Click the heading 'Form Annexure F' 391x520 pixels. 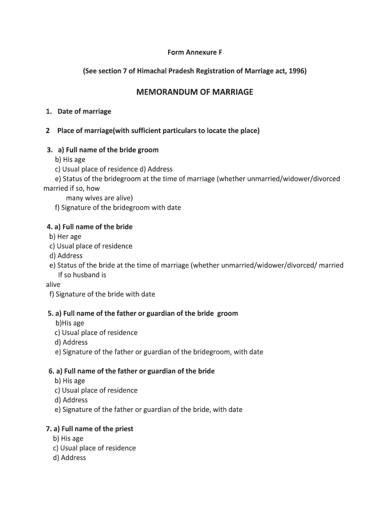point(195,52)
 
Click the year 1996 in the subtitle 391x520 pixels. point(296,71)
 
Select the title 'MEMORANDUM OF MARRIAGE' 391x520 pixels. point(194,92)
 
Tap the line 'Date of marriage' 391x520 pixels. point(84,111)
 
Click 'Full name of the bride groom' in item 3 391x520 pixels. point(112,150)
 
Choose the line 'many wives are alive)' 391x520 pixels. point(99,198)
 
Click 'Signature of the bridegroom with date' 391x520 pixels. point(118,208)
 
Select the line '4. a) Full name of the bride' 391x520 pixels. point(89,227)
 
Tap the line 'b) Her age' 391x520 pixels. point(65,237)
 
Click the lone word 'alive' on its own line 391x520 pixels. point(53,285)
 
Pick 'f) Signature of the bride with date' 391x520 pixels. point(102,295)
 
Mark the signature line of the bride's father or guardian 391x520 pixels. point(148,410)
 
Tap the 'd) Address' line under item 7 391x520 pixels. point(69,458)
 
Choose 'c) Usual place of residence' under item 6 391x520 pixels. point(96,391)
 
